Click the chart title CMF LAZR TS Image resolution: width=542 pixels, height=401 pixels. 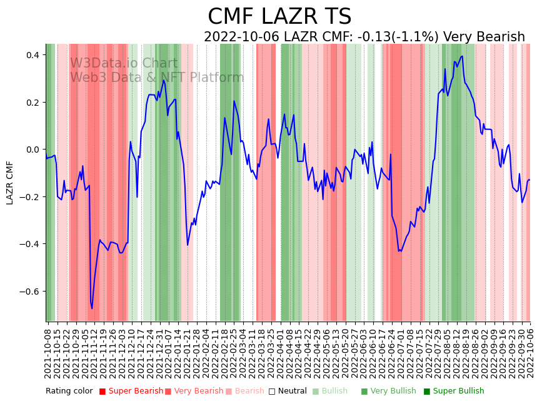click(x=279, y=17)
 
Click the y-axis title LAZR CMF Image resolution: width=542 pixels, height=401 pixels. click(x=10, y=183)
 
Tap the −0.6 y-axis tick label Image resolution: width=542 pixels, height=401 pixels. click(x=29, y=292)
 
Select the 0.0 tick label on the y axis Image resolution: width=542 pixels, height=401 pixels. click(x=31, y=150)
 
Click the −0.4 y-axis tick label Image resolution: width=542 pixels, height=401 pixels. click(x=29, y=244)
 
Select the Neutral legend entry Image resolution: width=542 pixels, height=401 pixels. click(x=288, y=391)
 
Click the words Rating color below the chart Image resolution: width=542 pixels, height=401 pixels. click(x=69, y=391)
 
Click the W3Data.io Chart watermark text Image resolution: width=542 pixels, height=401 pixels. click(x=123, y=63)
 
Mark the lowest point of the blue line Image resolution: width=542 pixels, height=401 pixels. click(x=92, y=308)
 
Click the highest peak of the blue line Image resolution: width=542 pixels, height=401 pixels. click(x=461, y=56)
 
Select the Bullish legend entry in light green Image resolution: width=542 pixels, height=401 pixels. click(x=334, y=391)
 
